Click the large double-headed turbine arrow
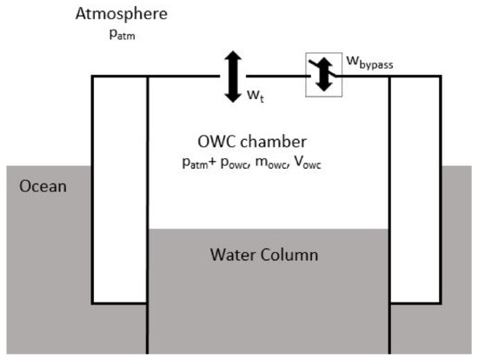pos(231,77)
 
